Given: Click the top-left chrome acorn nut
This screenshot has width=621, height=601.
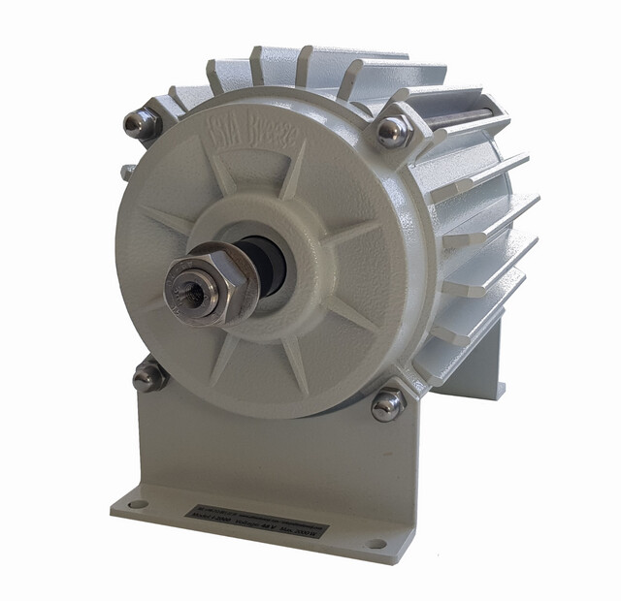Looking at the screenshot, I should [142, 123].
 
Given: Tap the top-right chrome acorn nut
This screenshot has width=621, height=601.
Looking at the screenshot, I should [392, 131].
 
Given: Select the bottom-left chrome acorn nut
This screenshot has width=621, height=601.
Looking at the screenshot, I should [149, 376].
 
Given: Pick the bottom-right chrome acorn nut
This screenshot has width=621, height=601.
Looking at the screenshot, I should [388, 404].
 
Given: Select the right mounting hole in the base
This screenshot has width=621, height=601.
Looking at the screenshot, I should [375, 544].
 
